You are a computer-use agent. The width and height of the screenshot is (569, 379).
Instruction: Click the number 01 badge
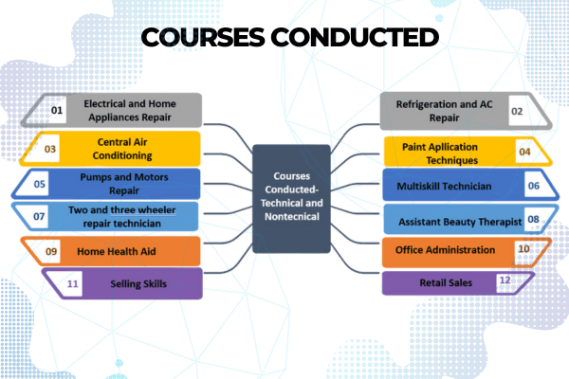[57, 111]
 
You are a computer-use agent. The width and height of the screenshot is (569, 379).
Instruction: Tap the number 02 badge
[517, 111]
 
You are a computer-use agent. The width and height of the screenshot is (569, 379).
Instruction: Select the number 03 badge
[50, 149]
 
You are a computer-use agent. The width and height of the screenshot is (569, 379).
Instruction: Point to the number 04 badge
[523, 151]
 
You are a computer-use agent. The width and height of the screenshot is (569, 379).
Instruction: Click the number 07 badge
[40, 217]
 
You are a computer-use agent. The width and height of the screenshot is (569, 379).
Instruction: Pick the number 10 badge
[523, 250]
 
